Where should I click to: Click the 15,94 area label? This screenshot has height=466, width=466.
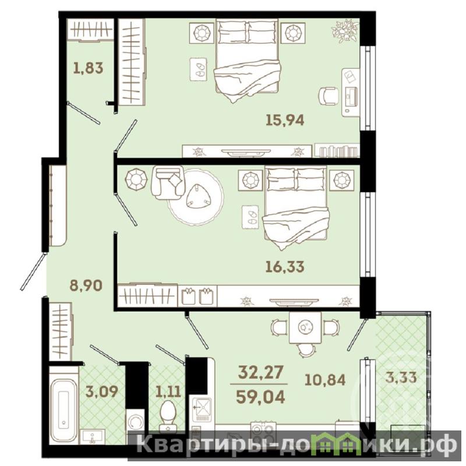tap(285, 121)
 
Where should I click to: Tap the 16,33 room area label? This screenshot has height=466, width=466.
tap(285, 267)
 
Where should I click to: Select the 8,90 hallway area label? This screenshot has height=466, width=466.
tap(86, 285)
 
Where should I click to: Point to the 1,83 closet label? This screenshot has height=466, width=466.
tap(89, 68)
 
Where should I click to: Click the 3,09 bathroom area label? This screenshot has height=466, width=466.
tap(101, 391)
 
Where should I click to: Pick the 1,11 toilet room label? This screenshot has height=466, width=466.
tap(168, 391)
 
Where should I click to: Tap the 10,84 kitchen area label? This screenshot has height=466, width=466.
tap(325, 380)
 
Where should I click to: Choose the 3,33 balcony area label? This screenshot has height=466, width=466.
tap(401, 377)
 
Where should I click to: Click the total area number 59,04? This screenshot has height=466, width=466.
tap(260, 397)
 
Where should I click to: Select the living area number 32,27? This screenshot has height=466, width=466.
tap(260, 372)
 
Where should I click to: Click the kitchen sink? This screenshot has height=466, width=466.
tap(202, 410)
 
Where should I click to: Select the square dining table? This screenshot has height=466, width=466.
tap(305, 327)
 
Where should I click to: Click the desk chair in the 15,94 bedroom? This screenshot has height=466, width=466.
tap(329, 96)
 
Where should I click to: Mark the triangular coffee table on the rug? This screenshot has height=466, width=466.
tap(198, 196)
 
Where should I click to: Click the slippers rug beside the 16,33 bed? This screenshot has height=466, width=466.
tap(250, 217)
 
